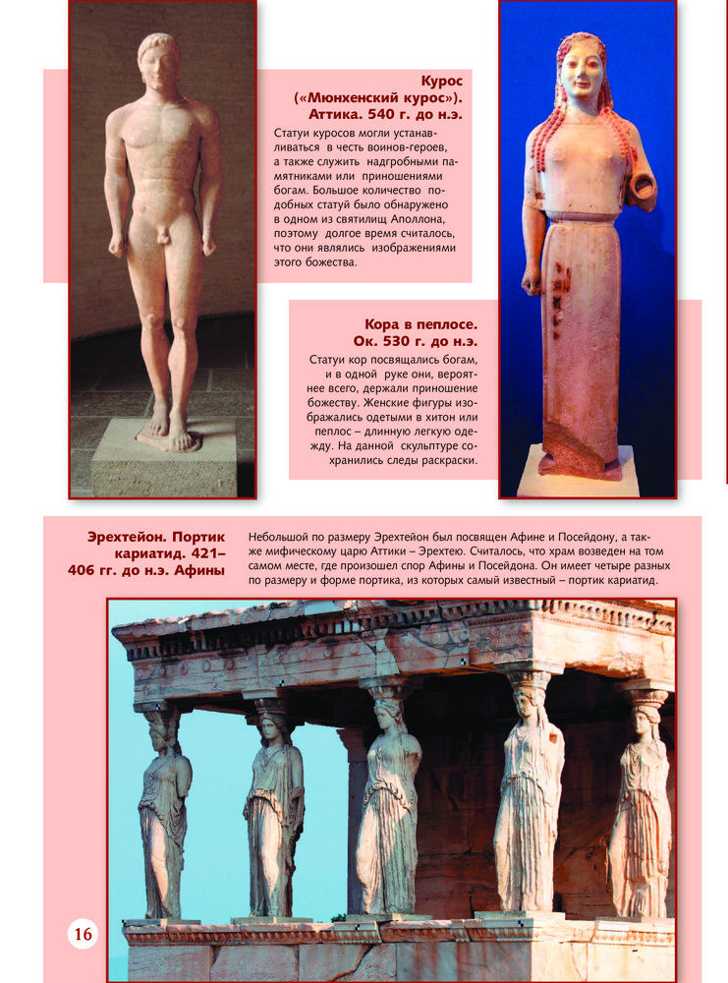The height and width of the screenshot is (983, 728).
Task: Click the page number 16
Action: point(83,933)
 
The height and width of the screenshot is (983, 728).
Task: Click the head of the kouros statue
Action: point(159,62)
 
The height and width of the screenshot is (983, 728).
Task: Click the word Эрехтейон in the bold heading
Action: point(126,537)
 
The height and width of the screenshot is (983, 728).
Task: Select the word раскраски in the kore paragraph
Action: point(446,460)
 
